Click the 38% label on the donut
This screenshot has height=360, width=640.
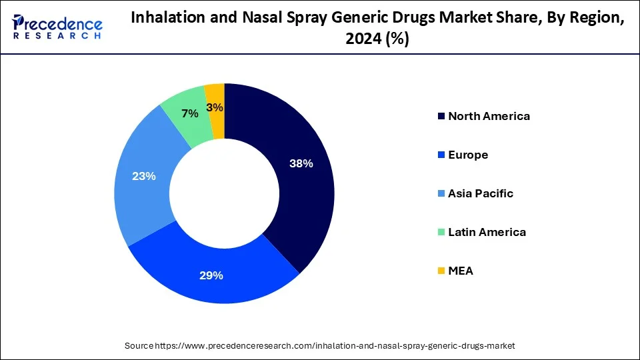coord(301,164)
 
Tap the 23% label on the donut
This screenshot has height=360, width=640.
coord(143,176)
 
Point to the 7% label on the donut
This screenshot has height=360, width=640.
coord(190,114)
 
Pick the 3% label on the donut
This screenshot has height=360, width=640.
coord(215,107)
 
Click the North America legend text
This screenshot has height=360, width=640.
coord(489,116)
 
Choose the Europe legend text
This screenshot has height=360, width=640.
coord(468,155)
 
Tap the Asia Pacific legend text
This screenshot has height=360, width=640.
coord(481,193)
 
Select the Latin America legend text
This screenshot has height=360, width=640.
coord(487,232)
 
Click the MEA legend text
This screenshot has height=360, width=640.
coord(461,271)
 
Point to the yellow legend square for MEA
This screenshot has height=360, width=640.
coord(440,271)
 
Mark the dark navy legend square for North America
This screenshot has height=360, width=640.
coord(440,117)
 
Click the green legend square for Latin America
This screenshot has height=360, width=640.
coord(440,233)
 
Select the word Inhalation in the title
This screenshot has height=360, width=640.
coord(164,19)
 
